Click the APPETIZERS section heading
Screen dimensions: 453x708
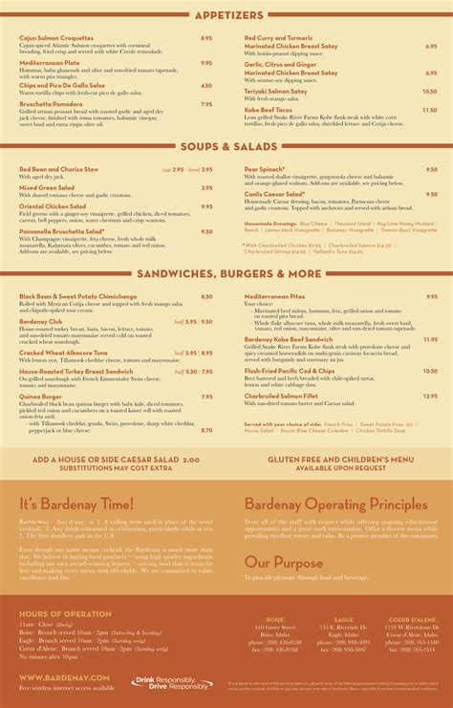226,15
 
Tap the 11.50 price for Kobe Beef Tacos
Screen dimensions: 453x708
429,110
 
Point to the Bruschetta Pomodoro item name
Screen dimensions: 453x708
52,105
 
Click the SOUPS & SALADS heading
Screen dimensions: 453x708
226,146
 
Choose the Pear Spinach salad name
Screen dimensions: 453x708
268,169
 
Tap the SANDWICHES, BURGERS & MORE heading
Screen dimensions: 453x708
226,273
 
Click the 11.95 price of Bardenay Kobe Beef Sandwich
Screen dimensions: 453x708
429,339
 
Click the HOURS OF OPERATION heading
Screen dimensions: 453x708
60,611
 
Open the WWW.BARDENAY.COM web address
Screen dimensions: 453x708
64,677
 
